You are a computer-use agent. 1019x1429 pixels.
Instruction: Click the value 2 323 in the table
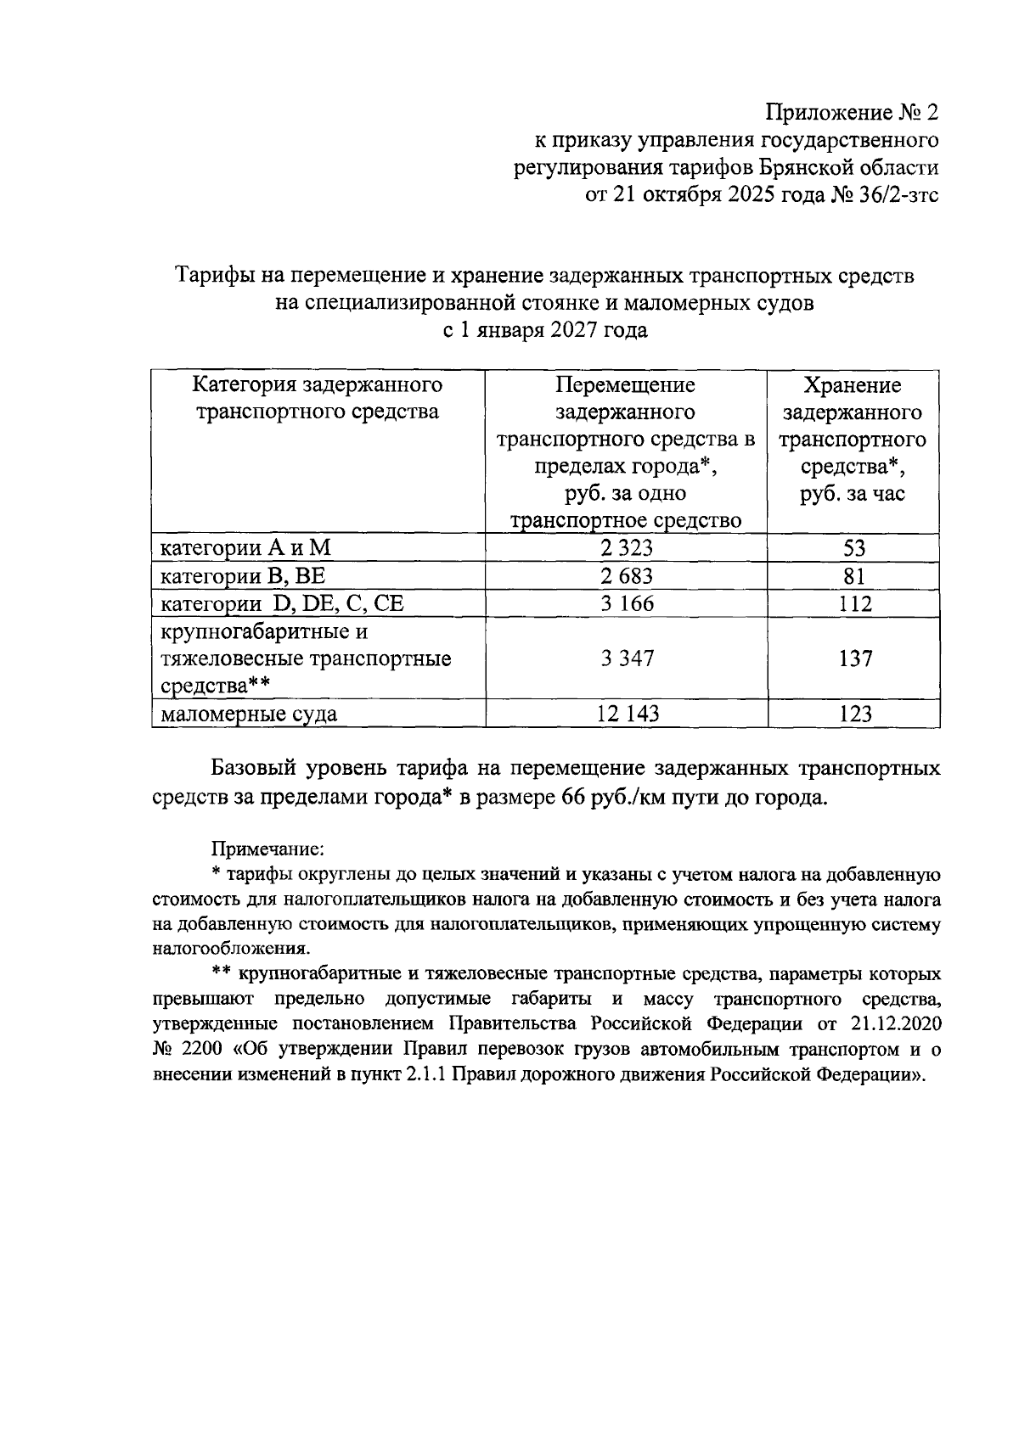point(626,548)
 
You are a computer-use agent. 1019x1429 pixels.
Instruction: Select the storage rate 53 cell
point(853,548)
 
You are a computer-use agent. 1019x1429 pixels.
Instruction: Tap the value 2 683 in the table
point(626,576)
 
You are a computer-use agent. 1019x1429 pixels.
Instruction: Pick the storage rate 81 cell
point(853,576)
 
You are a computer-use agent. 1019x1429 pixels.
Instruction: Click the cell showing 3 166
point(626,604)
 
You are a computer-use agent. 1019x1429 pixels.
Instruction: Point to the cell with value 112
point(853,604)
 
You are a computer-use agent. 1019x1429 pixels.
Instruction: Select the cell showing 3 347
point(626,658)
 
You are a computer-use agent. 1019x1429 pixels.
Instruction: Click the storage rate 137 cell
point(853,658)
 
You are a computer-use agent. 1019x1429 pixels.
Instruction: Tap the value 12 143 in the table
point(627,714)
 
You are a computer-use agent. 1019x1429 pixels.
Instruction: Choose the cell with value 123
point(853,714)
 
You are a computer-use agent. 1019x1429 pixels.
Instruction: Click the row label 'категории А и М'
point(245,548)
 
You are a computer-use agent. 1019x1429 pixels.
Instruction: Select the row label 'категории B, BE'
point(244,576)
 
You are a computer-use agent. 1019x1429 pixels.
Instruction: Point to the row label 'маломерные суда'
point(249,714)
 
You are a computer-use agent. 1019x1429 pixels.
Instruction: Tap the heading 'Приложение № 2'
point(852,112)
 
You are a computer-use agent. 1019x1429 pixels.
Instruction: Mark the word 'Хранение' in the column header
point(853,386)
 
